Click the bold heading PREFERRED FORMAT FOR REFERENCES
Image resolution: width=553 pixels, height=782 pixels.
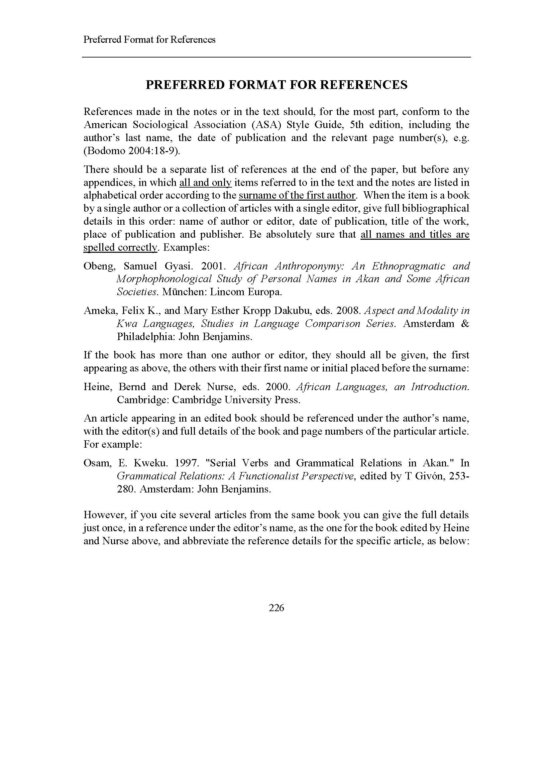[276, 85]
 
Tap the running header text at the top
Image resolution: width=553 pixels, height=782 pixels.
[149, 40]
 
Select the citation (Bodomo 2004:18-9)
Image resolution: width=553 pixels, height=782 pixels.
[131, 150]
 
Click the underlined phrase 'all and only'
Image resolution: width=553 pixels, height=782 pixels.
[205, 183]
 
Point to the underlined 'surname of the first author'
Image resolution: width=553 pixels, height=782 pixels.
[297, 196]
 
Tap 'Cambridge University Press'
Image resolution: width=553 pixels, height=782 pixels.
[236, 400]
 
